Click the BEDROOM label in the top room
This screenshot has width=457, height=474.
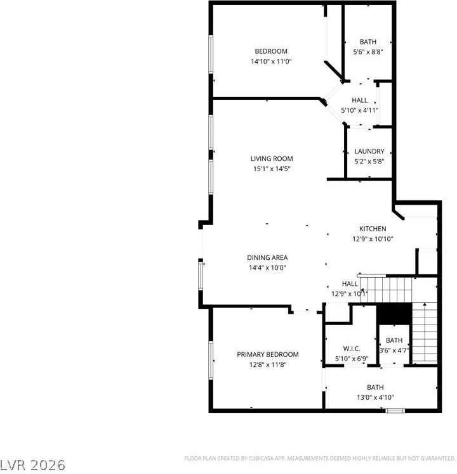tap(271, 51)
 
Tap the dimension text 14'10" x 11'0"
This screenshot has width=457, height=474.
tap(271, 61)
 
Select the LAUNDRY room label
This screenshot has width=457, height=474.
tap(369, 151)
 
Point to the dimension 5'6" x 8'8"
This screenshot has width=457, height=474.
tap(368, 52)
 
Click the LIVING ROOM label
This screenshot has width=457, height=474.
tap(272, 158)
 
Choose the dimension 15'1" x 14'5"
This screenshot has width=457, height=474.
tap(272, 169)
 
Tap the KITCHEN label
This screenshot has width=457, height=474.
tap(373, 229)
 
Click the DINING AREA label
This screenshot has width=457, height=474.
tap(267, 257)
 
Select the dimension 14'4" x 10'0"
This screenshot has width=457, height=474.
tap(267, 267)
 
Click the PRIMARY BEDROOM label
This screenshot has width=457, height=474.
tap(268, 354)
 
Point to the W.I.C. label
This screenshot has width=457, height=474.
tap(352, 349)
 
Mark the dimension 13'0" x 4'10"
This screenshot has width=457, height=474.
tap(375, 397)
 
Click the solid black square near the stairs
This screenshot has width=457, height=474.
tap(394, 314)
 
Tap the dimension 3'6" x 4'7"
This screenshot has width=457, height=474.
tap(394, 350)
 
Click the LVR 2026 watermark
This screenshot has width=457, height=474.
tap(33, 464)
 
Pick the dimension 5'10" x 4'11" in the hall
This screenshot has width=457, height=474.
tap(360, 110)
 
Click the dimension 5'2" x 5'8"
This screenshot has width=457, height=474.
tap(369, 162)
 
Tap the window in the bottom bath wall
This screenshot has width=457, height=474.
tap(395, 411)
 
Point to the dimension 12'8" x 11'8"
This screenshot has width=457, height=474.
tap(268, 364)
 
